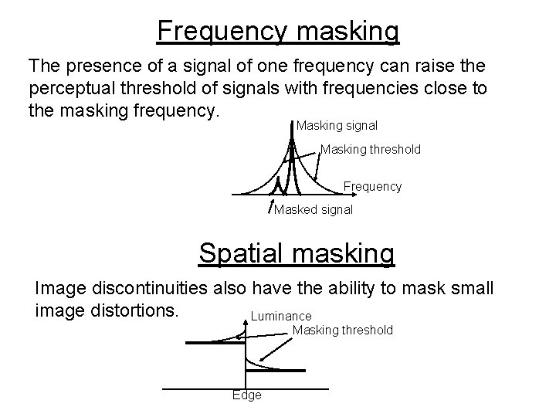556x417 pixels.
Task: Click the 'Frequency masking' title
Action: tap(278, 31)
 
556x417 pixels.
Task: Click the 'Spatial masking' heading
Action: tap(297, 253)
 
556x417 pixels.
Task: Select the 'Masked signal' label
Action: tap(314, 209)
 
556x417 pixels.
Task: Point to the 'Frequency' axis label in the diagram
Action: tap(372, 186)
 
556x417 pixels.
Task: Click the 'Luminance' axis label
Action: tap(281, 316)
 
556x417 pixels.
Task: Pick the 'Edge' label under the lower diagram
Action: tap(247, 395)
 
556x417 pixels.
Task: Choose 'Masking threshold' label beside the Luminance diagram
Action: tap(342, 330)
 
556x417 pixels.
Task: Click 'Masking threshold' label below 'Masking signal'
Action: tap(370, 149)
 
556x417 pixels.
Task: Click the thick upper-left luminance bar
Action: tap(210, 342)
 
